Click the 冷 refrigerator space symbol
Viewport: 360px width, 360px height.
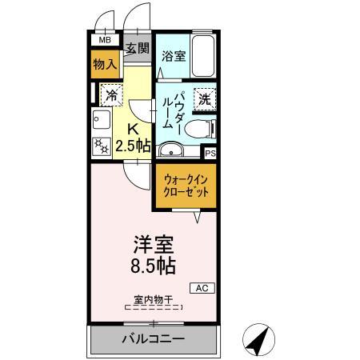(110, 95)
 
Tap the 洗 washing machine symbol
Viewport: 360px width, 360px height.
(204, 99)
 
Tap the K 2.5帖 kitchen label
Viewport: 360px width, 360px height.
(133, 138)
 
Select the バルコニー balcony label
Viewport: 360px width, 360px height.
(154, 339)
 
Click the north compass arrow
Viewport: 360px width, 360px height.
(258, 341)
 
